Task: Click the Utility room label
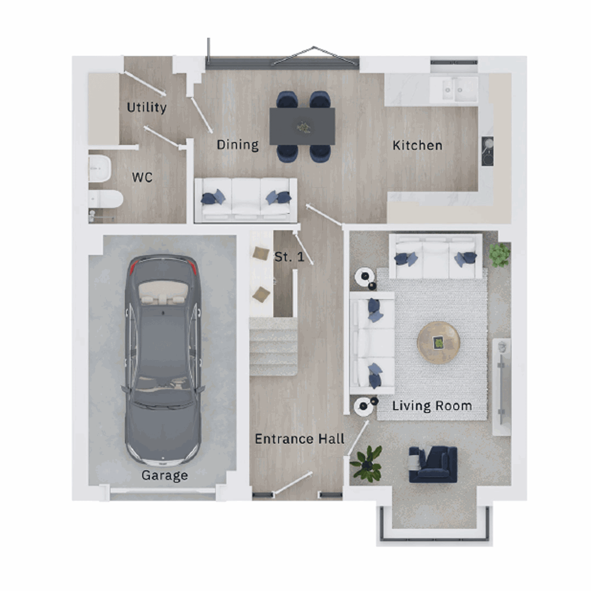pyautogui.click(x=146, y=107)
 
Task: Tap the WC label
pyautogui.click(x=142, y=177)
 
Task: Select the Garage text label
pyautogui.click(x=164, y=475)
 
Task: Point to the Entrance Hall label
pyautogui.click(x=299, y=439)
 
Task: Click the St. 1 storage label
pyautogui.click(x=289, y=257)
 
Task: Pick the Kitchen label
pyautogui.click(x=417, y=145)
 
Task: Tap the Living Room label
pyautogui.click(x=432, y=406)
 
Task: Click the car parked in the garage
pyautogui.click(x=163, y=360)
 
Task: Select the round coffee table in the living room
pyautogui.click(x=438, y=342)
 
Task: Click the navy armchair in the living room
pyautogui.click(x=433, y=464)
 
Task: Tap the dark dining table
pyautogui.click(x=302, y=127)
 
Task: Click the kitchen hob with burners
pyautogui.click(x=488, y=151)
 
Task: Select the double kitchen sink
pyautogui.click(x=454, y=89)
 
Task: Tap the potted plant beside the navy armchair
pyautogui.click(x=366, y=463)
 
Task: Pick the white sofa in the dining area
pyautogui.click(x=246, y=199)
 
